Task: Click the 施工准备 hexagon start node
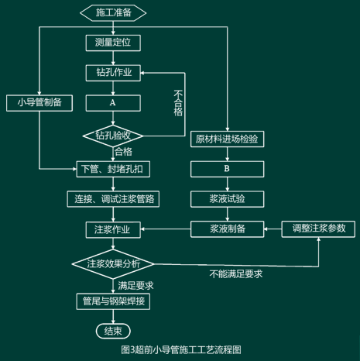pyautogui.click(x=113, y=12)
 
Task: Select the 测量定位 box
pyautogui.click(x=113, y=43)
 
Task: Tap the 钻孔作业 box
pyautogui.click(x=113, y=73)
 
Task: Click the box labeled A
pyautogui.click(x=113, y=103)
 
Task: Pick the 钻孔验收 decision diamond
pyautogui.click(x=113, y=136)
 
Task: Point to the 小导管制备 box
pyautogui.click(x=39, y=103)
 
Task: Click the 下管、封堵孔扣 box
pyautogui.click(x=113, y=169)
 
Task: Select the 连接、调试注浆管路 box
pyautogui.click(x=113, y=199)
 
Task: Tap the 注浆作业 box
pyautogui.click(x=113, y=229)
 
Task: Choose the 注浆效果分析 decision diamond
pyautogui.click(x=113, y=264)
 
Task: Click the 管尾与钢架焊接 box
pyautogui.click(x=113, y=301)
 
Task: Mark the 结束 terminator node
pyautogui.click(x=113, y=331)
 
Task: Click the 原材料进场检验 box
pyautogui.click(x=227, y=139)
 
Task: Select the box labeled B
pyautogui.click(x=227, y=169)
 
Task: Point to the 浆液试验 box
pyautogui.click(x=227, y=199)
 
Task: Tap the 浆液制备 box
pyautogui.click(x=227, y=229)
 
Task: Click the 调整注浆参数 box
pyautogui.click(x=318, y=229)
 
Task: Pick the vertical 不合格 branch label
pyautogui.click(x=178, y=103)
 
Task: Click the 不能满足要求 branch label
pyautogui.click(x=236, y=274)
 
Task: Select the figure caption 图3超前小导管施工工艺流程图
pyautogui.click(x=181, y=350)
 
